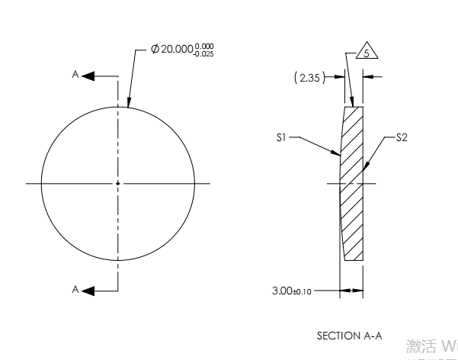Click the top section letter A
[x=75, y=75]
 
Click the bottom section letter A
[x=75, y=289]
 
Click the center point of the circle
[x=117, y=183]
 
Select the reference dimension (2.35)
[x=309, y=76]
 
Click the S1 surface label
[x=281, y=138]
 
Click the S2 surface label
[x=402, y=138]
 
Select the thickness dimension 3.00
[x=282, y=291]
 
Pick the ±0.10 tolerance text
[x=303, y=291]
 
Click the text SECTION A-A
[x=349, y=335]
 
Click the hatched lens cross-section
[x=352, y=183]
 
